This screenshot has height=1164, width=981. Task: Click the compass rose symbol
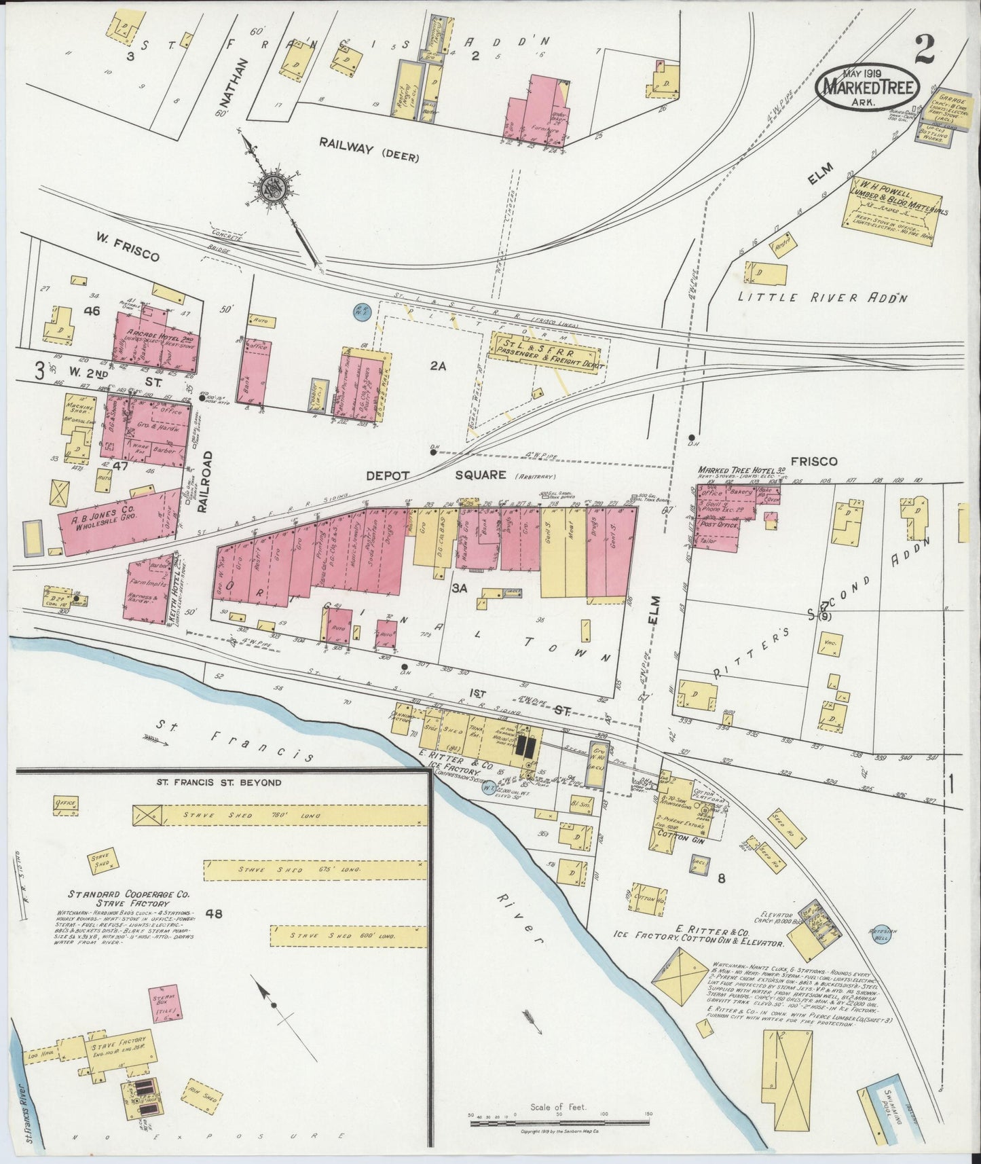click(274, 187)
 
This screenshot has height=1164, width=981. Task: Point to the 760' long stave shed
click(278, 815)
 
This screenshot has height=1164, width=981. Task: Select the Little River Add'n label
click(823, 297)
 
